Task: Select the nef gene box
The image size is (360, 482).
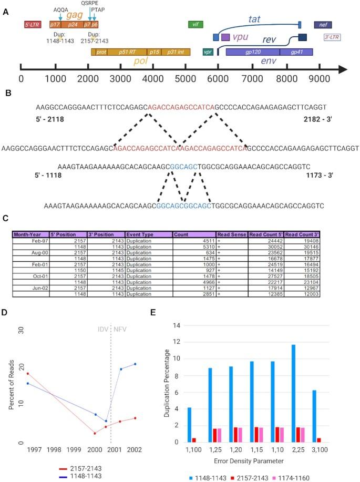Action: point(322,25)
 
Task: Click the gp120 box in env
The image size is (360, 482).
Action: point(252,52)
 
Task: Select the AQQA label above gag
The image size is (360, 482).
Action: point(60,9)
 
